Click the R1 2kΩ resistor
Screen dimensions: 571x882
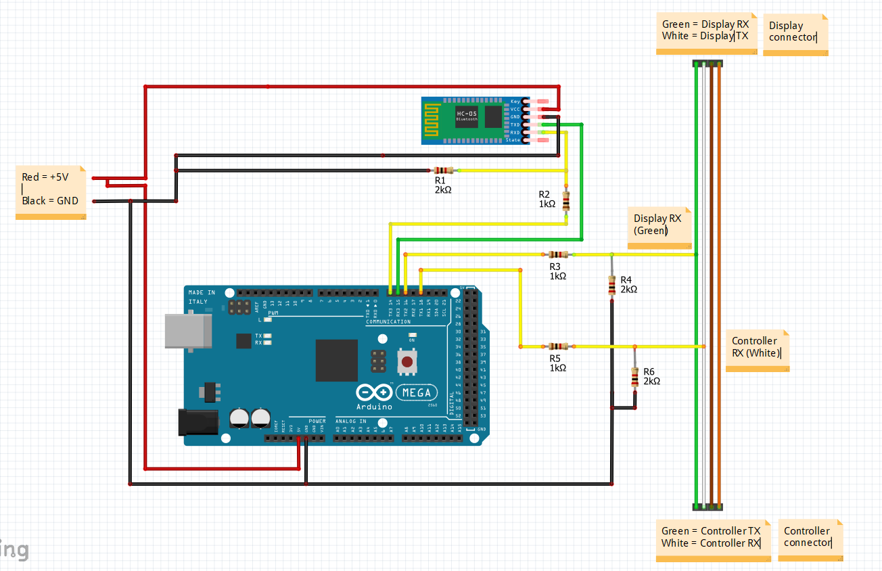pos(443,170)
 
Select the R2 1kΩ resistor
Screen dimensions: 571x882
pos(566,201)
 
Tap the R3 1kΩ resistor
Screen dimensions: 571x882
pos(558,254)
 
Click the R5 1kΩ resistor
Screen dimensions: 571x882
pos(558,346)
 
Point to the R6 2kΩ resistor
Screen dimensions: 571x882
pos(634,378)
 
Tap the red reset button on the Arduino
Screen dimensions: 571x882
pos(407,361)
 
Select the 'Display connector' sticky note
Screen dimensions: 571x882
pos(795,33)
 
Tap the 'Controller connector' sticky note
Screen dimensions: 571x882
pos(810,539)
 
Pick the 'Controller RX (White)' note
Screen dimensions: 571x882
pos(756,349)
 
